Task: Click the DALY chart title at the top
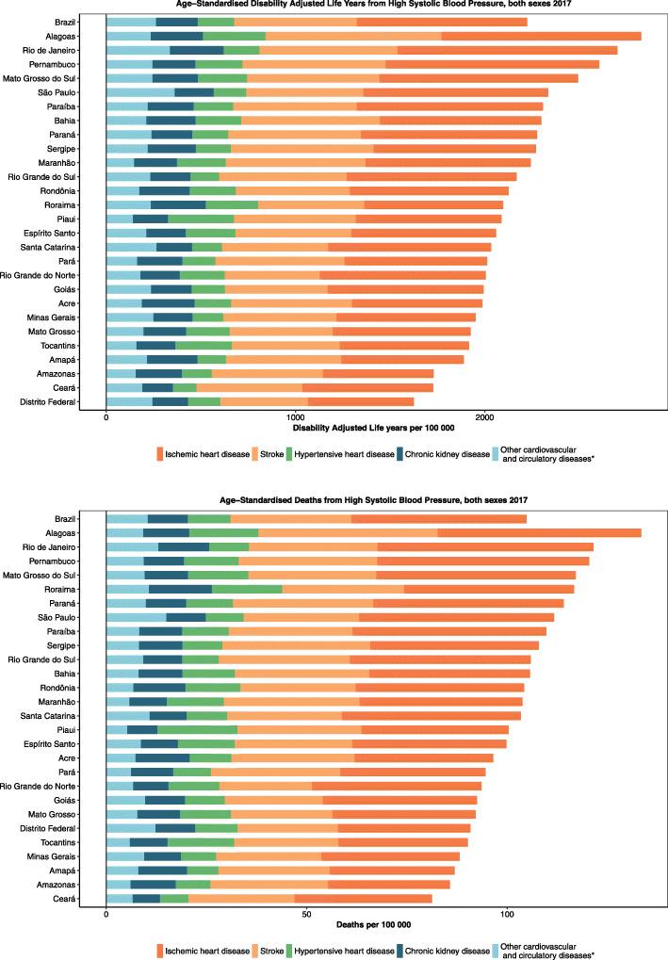click(x=374, y=5)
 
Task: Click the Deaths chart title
click(x=374, y=501)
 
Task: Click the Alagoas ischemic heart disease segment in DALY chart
click(x=541, y=36)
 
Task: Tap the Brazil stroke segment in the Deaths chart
click(x=291, y=518)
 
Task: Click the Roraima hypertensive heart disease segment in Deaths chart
click(x=247, y=589)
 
